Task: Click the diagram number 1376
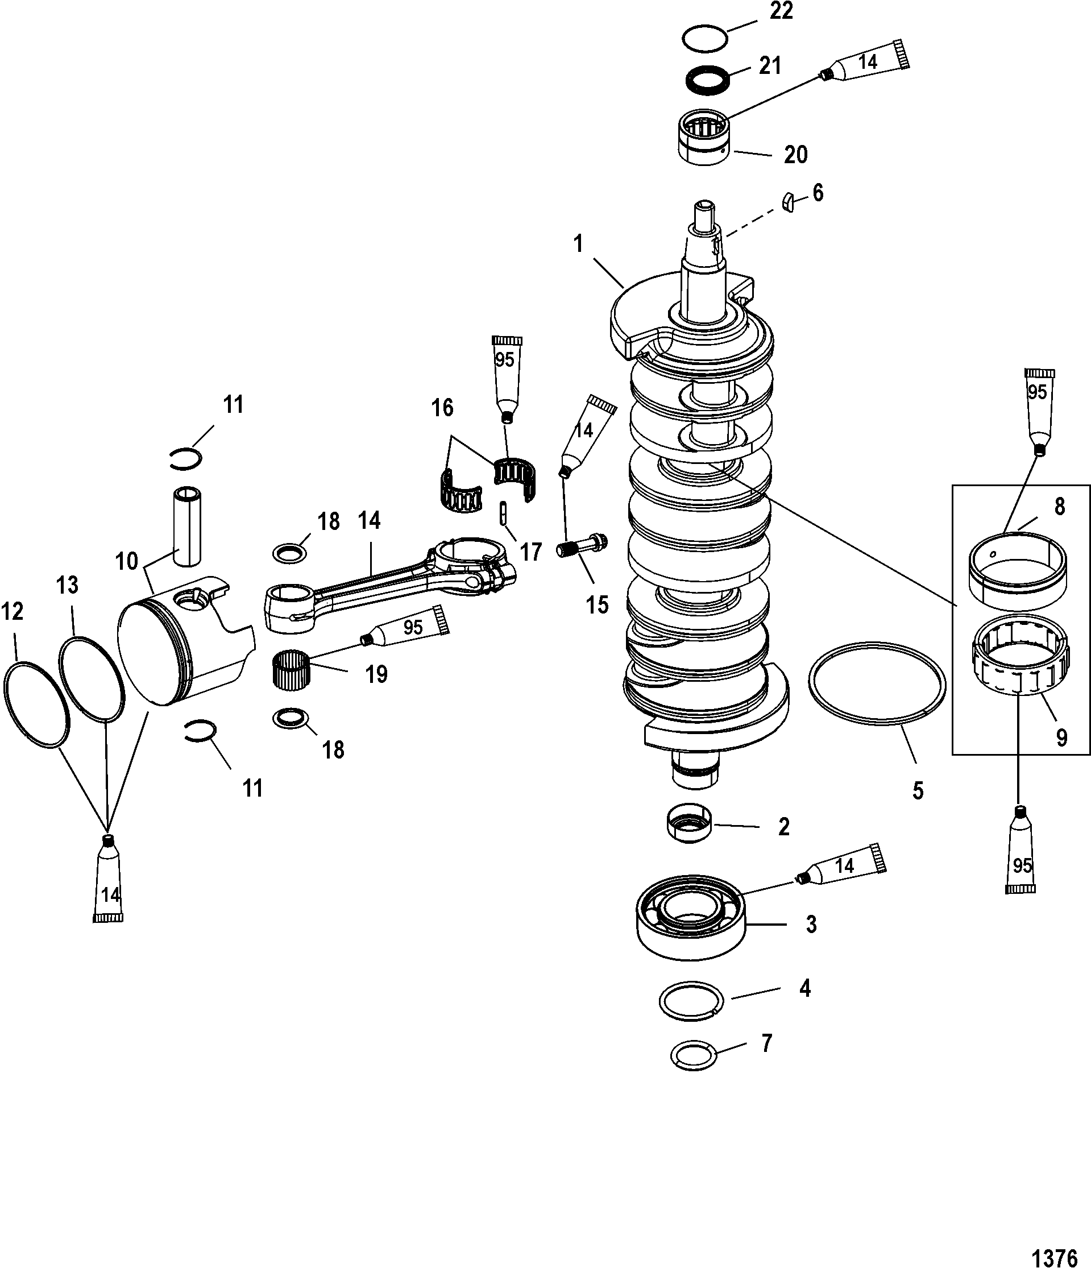tap(1054, 1254)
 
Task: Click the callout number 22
tap(781, 11)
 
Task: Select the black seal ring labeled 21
tap(707, 80)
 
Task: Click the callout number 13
tap(67, 585)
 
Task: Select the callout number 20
tap(795, 155)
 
